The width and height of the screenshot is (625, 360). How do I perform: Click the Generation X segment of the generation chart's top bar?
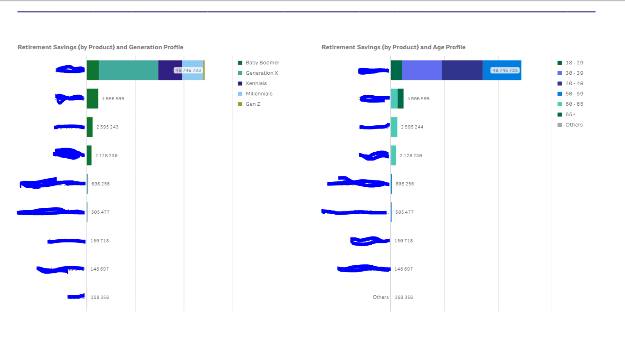pyautogui.click(x=128, y=70)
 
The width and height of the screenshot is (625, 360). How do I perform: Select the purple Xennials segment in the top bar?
pyautogui.click(x=170, y=70)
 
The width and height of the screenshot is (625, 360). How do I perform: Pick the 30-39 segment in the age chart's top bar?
pyautogui.click(x=422, y=70)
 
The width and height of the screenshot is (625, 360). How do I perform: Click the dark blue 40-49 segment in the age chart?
pyautogui.click(x=462, y=70)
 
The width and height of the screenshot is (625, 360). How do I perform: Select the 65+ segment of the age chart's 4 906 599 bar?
pyautogui.click(x=400, y=98)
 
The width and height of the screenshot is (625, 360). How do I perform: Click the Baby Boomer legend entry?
pyautogui.click(x=262, y=63)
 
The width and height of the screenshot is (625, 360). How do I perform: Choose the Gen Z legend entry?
pyautogui.click(x=253, y=104)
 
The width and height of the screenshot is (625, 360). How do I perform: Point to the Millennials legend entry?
pyautogui.click(x=259, y=94)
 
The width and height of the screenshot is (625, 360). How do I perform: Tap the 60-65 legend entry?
pyautogui.click(x=574, y=104)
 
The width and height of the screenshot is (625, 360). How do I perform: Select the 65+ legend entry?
pyautogui.click(x=570, y=115)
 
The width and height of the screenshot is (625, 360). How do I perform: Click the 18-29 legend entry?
pyautogui.click(x=574, y=63)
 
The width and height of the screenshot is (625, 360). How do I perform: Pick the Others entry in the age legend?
pyautogui.click(x=574, y=125)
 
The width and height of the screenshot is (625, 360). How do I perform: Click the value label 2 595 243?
pyautogui.click(x=107, y=127)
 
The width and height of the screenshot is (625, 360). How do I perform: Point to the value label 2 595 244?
pyautogui.click(x=412, y=127)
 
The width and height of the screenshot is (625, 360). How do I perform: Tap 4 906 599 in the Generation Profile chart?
pyautogui.click(x=113, y=99)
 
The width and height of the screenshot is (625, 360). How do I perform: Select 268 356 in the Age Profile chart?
pyautogui.click(x=405, y=298)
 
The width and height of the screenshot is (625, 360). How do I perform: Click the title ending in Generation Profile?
pyautogui.click(x=100, y=47)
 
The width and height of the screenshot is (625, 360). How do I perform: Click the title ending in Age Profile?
pyautogui.click(x=393, y=47)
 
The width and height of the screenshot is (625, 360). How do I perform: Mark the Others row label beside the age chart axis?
pyautogui.click(x=380, y=298)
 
